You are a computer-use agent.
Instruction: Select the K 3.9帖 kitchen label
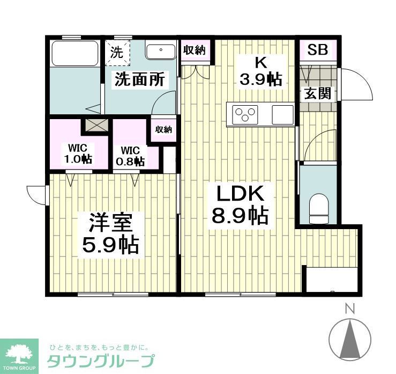tap(260, 71)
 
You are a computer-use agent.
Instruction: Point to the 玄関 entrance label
tap(317, 93)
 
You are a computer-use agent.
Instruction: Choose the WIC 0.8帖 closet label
tap(131, 156)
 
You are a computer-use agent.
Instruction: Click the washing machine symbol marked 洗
tap(117, 53)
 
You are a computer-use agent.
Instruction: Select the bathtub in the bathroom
tap(74, 53)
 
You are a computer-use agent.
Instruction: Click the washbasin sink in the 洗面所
tap(160, 52)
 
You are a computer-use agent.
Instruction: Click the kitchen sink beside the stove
tap(282, 114)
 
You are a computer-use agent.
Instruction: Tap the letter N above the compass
tap(350, 309)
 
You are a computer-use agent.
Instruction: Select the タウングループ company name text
tap(101, 360)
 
